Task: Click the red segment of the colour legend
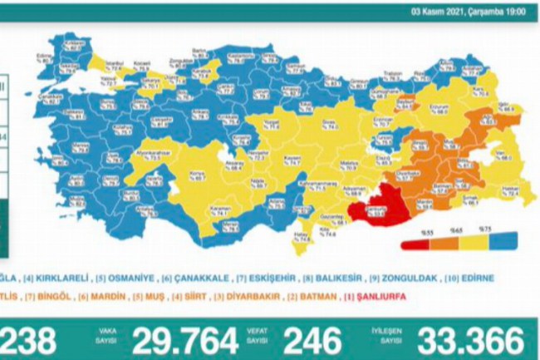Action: point(415,245)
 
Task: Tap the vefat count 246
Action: point(312,340)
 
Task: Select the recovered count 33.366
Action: point(473,340)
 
